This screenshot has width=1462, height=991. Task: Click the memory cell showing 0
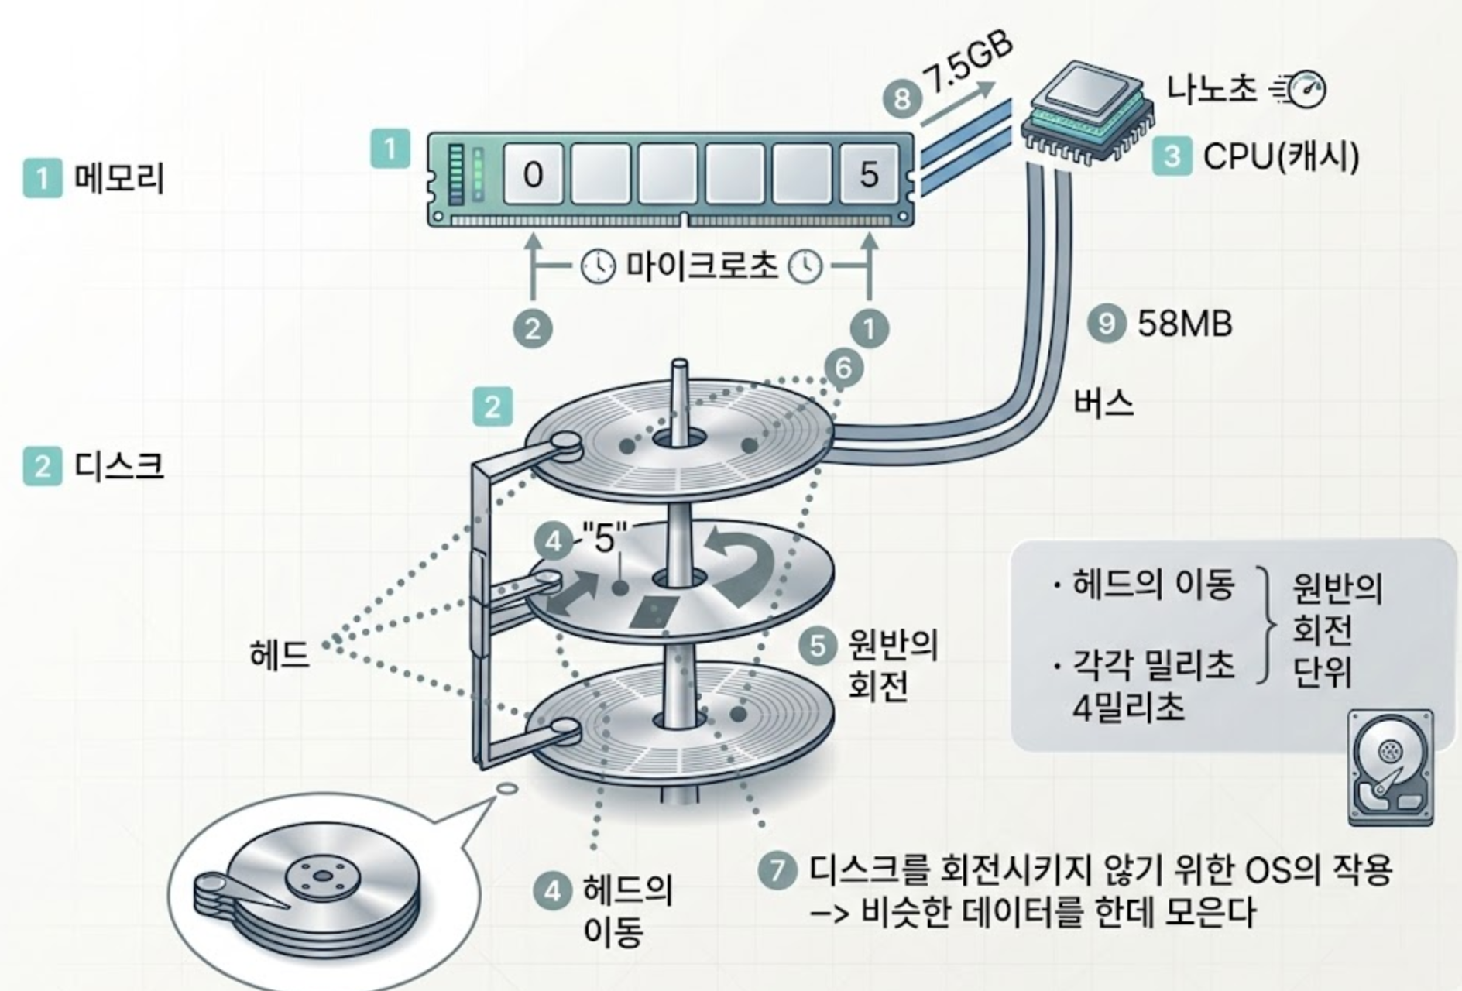[533, 174]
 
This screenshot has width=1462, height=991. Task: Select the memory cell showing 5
[869, 174]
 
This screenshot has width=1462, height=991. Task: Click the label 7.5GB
[968, 66]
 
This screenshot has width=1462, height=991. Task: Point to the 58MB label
[1185, 324]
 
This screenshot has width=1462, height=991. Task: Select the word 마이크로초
[701, 266]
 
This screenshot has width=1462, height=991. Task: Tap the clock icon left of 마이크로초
[598, 267]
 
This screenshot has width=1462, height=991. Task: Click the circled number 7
[777, 869]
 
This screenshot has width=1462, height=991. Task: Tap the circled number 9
[1107, 323]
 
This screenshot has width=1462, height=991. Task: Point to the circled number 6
[843, 368]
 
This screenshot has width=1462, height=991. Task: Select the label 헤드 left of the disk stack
[280, 655]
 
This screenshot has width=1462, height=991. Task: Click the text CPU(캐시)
[1282, 156]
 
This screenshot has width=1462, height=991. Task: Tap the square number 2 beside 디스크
[43, 467]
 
